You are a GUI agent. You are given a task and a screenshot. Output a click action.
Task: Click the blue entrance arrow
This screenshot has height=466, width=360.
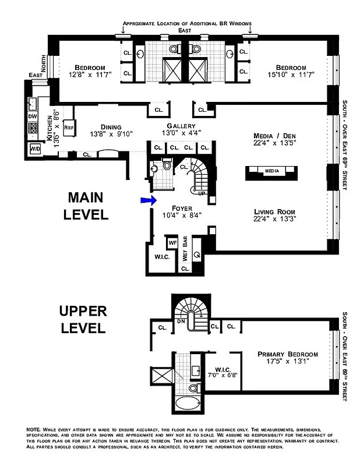click(149, 200)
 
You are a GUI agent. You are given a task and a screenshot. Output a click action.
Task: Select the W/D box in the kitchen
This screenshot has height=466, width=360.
click(34, 149)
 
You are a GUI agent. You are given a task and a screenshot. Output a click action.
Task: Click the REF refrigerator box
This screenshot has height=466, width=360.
click(68, 127)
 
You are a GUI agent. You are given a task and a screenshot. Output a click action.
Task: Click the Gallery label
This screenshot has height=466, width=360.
click(177, 126)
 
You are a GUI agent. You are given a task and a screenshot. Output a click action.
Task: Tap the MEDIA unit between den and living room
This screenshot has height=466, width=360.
click(272, 171)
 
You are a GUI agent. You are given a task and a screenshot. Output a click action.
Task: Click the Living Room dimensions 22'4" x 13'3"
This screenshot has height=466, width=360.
click(274, 220)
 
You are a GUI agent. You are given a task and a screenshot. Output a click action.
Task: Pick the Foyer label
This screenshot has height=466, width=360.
click(182, 207)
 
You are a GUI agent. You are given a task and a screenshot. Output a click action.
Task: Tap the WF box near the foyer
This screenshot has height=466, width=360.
click(172, 242)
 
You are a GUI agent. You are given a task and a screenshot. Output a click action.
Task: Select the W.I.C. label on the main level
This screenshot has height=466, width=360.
click(161, 257)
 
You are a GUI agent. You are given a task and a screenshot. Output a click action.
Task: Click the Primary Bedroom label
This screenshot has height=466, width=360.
click(289, 354)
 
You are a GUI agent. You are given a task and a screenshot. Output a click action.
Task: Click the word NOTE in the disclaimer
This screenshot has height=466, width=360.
click(34, 429)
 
